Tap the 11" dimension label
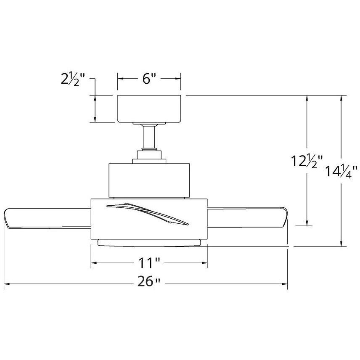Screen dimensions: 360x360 click(x=149, y=263)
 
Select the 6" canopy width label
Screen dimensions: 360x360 click(x=149, y=79)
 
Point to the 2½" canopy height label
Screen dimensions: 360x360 click(x=72, y=79)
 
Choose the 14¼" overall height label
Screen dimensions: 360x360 click(x=341, y=171)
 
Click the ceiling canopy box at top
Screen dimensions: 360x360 click(x=149, y=109)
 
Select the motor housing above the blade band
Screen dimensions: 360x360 click(x=149, y=179)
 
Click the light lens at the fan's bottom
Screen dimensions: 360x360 click(x=149, y=243)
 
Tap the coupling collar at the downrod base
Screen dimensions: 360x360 click(x=149, y=154)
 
